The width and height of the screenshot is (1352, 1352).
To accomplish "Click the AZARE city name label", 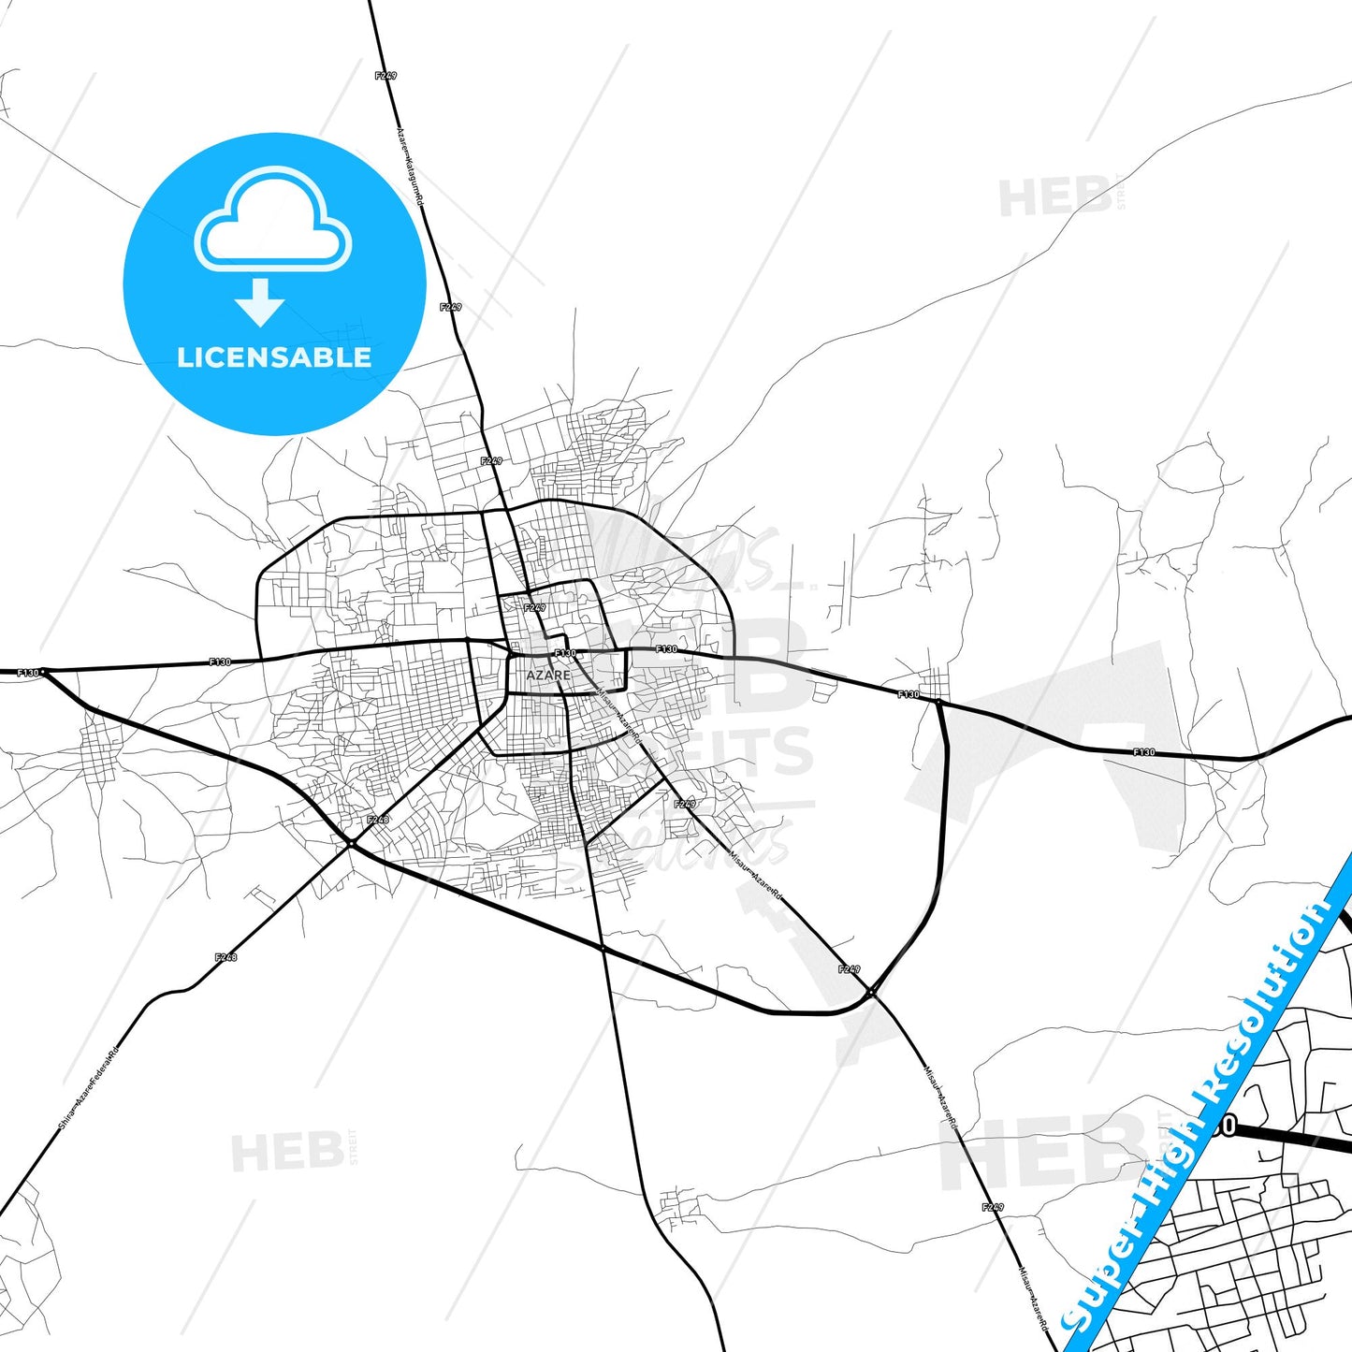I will point(547,675).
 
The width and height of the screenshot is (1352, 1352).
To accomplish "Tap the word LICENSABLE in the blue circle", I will point(274,356).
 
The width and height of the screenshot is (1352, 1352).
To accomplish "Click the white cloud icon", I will point(272,219).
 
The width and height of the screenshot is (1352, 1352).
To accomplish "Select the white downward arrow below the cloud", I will point(260,302).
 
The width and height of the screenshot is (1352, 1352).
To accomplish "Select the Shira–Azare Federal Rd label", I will point(90,1085).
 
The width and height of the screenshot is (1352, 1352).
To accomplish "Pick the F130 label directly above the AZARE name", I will point(565,653).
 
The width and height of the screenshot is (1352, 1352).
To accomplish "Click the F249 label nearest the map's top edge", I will point(385,76).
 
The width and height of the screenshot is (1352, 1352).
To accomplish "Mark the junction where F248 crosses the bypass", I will point(351,844).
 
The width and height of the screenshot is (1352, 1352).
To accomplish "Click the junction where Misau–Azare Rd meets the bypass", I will point(871,992).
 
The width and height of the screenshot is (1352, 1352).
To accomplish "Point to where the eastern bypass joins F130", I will point(938,701).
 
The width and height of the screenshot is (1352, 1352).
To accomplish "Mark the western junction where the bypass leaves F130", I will point(44,671).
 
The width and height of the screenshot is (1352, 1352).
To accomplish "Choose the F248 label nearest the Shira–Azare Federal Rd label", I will point(225,957).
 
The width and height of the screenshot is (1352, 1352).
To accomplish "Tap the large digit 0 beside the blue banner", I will point(1228,1126).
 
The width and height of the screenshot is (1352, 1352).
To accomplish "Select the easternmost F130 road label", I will point(1143,752).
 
